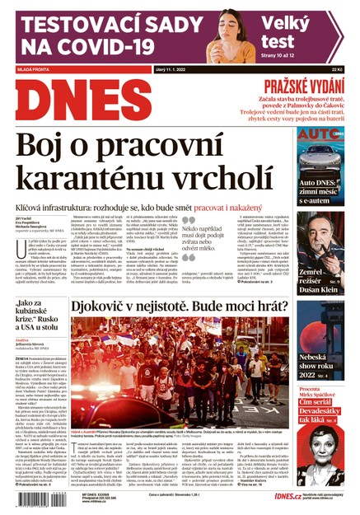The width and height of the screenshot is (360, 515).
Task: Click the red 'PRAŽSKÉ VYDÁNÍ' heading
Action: point(304,87)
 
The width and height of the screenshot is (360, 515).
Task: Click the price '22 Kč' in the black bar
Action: point(336,71)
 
